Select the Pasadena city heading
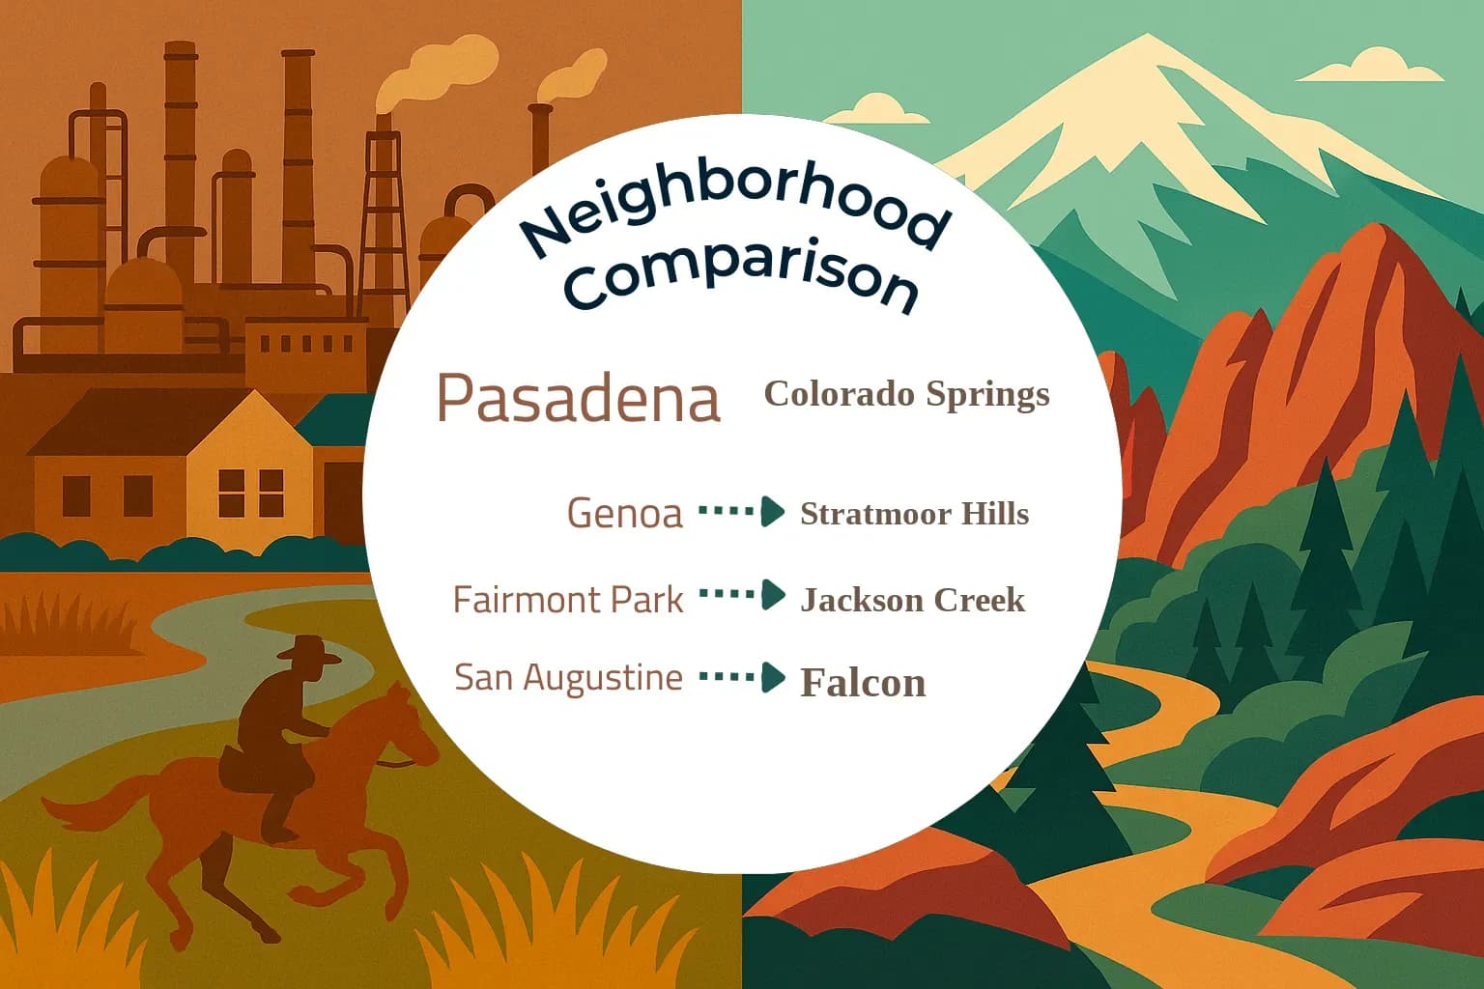(x=579, y=397)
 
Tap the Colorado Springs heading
(x=906, y=394)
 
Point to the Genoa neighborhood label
(x=624, y=513)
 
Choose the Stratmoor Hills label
(x=914, y=514)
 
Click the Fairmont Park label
(x=568, y=600)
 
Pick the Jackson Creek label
(x=912, y=600)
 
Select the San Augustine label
(x=568, y=677)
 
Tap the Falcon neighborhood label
(x=863, y=683)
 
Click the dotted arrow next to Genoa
(x=741, y=511)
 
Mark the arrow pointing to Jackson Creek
(x=741, y=595)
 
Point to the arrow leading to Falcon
(x=741, y=677)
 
